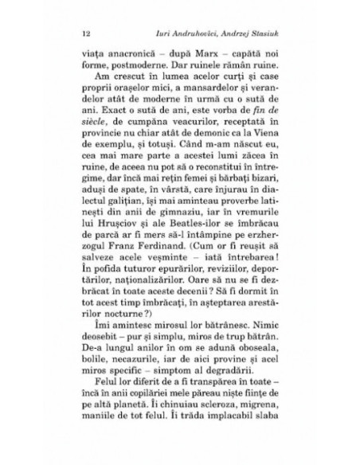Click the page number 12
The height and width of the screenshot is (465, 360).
click(85, 35)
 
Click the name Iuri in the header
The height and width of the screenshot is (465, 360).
click(166, 35)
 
